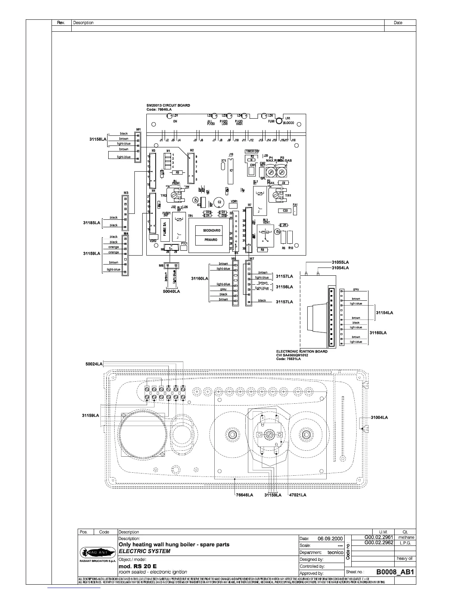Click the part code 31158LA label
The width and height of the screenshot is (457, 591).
point(98,139)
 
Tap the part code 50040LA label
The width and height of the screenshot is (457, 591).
point(171,291)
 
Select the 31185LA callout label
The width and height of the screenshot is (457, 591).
point(91,223)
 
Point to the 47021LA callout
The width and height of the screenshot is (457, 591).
point(298,495)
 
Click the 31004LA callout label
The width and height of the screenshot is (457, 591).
point(379,417)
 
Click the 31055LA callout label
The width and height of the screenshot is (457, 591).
point(340,262)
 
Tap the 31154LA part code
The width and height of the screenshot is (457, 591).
point(384,313)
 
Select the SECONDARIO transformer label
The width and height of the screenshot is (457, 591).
point(212,231)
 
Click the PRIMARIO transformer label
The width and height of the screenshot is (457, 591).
point(211,240)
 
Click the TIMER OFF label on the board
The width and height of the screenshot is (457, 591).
point(252,151)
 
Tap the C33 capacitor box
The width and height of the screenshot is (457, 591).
point(285,211)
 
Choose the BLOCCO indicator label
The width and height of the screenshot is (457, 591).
point(289,123)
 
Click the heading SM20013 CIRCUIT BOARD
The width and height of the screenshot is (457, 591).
point(168,105)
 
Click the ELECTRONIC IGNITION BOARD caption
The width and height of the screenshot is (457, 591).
point(302,351)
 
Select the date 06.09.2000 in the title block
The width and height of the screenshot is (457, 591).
point(330,539)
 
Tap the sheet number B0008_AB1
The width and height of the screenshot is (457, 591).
point(395,572)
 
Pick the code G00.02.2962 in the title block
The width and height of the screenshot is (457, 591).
point(379,543)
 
